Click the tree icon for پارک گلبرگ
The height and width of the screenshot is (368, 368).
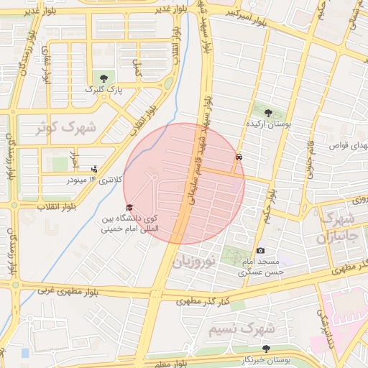[105, 77]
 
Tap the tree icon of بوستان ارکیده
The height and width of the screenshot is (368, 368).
[268, 113]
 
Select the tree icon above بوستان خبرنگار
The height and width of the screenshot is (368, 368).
[267, 349]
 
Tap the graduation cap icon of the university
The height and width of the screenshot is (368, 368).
[129, 208]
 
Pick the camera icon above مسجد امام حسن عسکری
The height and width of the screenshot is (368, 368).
[260, 250]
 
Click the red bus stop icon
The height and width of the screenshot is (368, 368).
[239, 156]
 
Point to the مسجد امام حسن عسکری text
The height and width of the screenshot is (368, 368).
[262, 267]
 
